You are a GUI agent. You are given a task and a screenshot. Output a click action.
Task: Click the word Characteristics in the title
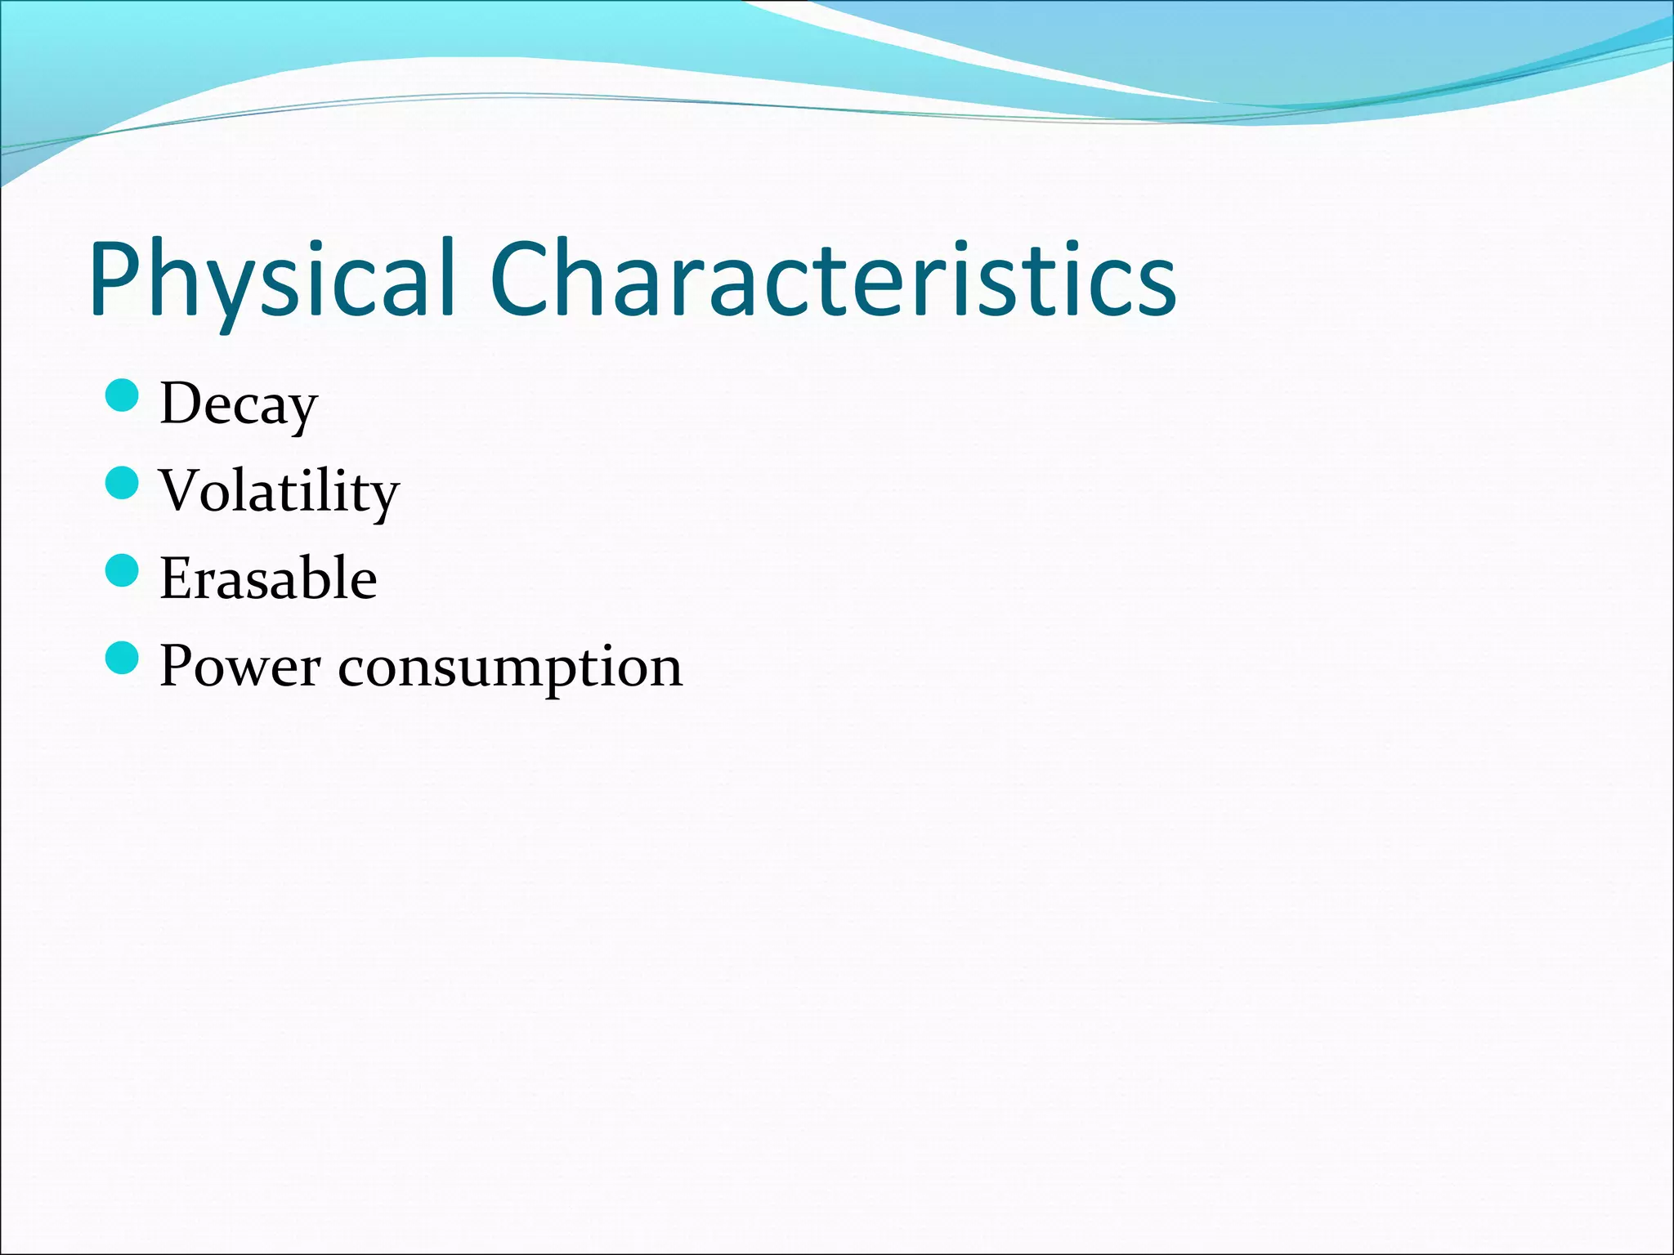(834, 278)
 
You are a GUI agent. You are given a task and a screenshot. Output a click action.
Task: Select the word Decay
(238, 404)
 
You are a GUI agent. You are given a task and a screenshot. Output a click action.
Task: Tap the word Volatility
(279, 491)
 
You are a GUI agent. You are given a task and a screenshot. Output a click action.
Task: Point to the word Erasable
(268, 578)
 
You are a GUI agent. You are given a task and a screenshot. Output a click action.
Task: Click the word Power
(239, 666)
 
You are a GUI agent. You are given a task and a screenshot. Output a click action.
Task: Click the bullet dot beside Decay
(123, 396)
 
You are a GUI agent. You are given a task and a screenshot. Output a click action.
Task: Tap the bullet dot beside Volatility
(123, 484)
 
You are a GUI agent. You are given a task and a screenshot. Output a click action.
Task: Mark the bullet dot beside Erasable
(123, 571)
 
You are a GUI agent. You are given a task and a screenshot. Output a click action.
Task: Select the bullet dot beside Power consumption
(123, 659)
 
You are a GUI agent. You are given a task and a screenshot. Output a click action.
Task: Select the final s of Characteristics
(1157, 286)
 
